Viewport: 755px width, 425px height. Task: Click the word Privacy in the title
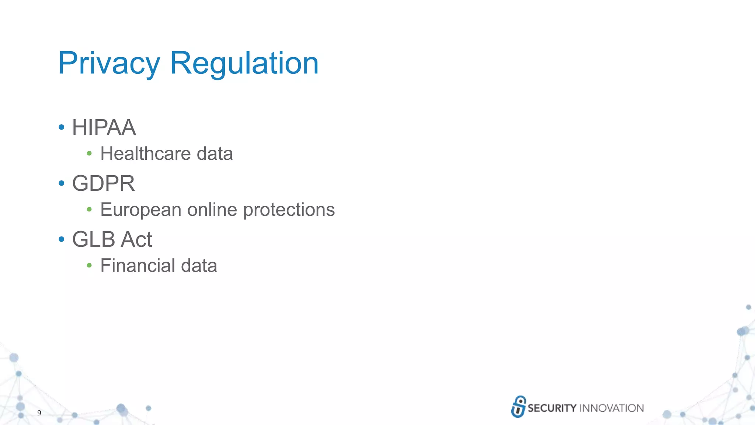(x=109, y=63)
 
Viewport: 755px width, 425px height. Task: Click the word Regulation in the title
(x=244, y=63)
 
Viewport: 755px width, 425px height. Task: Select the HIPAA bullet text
(x=104, y=128)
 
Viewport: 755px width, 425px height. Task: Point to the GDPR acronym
(x=104, y=183)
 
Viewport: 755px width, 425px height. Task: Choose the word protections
(x=289, y=210)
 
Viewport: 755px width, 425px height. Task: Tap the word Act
(x=136, y=239)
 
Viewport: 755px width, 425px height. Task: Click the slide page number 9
(x=39, y=413)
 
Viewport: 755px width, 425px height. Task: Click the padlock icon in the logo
(x=518, y=407)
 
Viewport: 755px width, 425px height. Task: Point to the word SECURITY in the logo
(x=552, y=408)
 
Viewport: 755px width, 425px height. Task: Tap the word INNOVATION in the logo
(x=612, y=408)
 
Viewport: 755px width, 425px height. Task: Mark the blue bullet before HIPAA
(x=62, y=128)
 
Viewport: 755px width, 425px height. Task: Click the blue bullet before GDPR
(x=62, y=183)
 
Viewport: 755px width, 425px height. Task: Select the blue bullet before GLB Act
(x=62, y=239)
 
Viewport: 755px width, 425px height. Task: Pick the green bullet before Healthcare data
(x=89, y=153)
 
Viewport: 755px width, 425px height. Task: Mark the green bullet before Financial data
(x=89, y=265)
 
